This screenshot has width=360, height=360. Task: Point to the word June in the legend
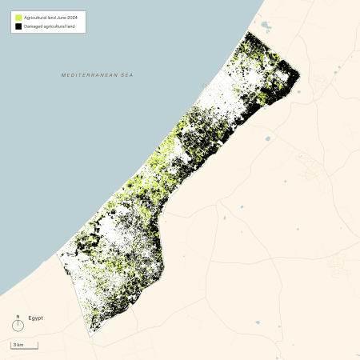tap(58, 17)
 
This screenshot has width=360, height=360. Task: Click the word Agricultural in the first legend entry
tap(34, 17)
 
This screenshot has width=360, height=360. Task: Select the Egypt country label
tap(36, 318)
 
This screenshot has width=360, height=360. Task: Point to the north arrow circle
tap(18, 326)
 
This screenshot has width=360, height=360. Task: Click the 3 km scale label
tap(18, 344)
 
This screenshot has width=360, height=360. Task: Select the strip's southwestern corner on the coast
tap(59, 254)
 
